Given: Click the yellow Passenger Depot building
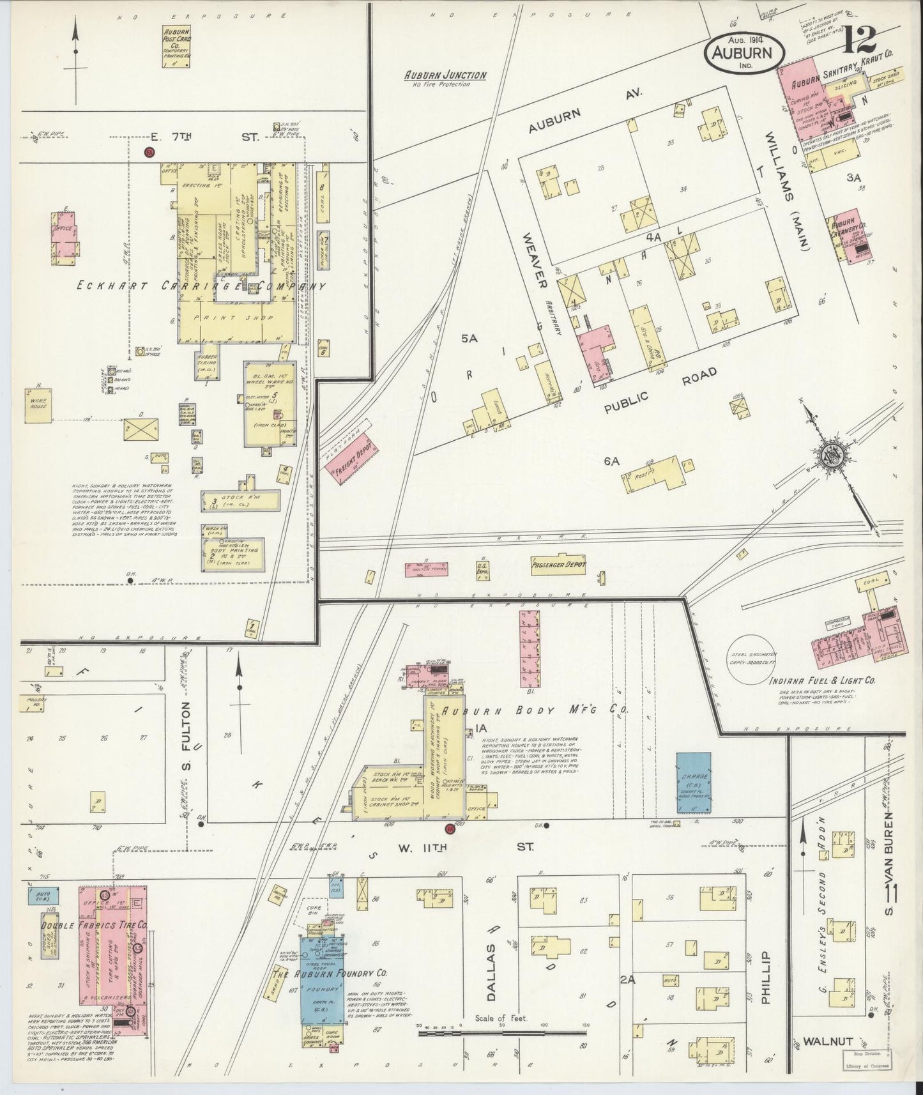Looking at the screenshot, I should click(x=558, y=565).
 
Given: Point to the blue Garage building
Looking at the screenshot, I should click(x=694, y=783).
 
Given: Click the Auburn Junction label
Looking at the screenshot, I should click(x=445, y=75).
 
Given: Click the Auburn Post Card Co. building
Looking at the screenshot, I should click(x=176, y=45).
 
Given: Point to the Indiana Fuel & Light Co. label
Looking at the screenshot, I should click(x=827, y=682).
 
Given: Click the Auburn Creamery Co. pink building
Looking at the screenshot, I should click(x=852, y=236).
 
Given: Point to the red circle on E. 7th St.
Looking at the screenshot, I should click(x=149, y=152).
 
